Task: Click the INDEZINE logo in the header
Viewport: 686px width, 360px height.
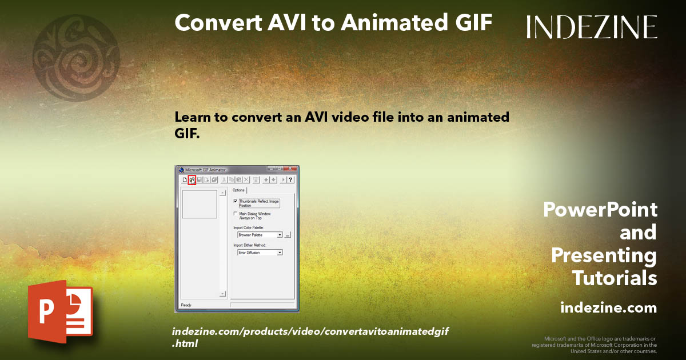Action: (x=592, y=26)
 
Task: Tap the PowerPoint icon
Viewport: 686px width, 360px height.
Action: (x=60, y=311)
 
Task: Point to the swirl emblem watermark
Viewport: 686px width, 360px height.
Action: (x=76, y=58)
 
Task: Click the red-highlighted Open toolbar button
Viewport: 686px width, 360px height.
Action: (x=192, y=180)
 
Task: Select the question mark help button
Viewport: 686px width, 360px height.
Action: (x=290, y=180)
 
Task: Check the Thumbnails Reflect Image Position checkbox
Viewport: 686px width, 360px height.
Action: (x=236, y=201)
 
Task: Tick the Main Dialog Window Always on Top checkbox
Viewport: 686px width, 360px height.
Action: (x=236, y=214)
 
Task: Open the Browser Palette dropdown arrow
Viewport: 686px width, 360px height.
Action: (x=280, y=235)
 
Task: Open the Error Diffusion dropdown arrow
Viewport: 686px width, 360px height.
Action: (x=280, y=252)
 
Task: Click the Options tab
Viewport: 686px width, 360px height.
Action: (x=238, y=190)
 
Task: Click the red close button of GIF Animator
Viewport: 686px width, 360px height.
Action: (x=292, y=169)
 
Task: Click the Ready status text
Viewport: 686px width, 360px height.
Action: (x=186, y=305)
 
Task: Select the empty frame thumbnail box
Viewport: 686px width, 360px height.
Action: (x=200, y=204)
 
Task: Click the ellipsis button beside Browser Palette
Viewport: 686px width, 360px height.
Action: (x=288, y=235)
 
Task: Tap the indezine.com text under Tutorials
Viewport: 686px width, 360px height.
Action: (x=608, y=308)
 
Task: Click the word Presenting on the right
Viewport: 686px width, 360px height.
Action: (x=604, y=255)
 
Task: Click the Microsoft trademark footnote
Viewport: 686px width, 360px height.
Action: (x=595, y=345)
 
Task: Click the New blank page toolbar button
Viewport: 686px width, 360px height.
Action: (x=184, y=180)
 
